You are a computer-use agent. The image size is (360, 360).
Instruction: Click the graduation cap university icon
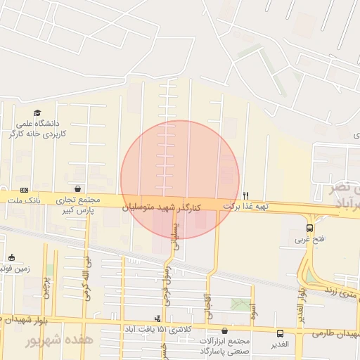tap(37, 112)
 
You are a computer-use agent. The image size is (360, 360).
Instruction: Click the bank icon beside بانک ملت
tap(25, 190)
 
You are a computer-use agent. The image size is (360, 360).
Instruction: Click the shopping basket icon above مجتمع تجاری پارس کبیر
tap(77, 189)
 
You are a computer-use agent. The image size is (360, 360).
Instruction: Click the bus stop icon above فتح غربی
tap(309, 228)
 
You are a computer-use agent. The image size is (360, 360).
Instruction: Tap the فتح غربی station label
tap(309, 239)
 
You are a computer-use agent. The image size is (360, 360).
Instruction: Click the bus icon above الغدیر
tap(281, 334)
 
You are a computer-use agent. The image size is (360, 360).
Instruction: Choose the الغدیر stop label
tap(281, 345)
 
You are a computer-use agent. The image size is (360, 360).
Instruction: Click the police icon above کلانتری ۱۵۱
tap(157, 319)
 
